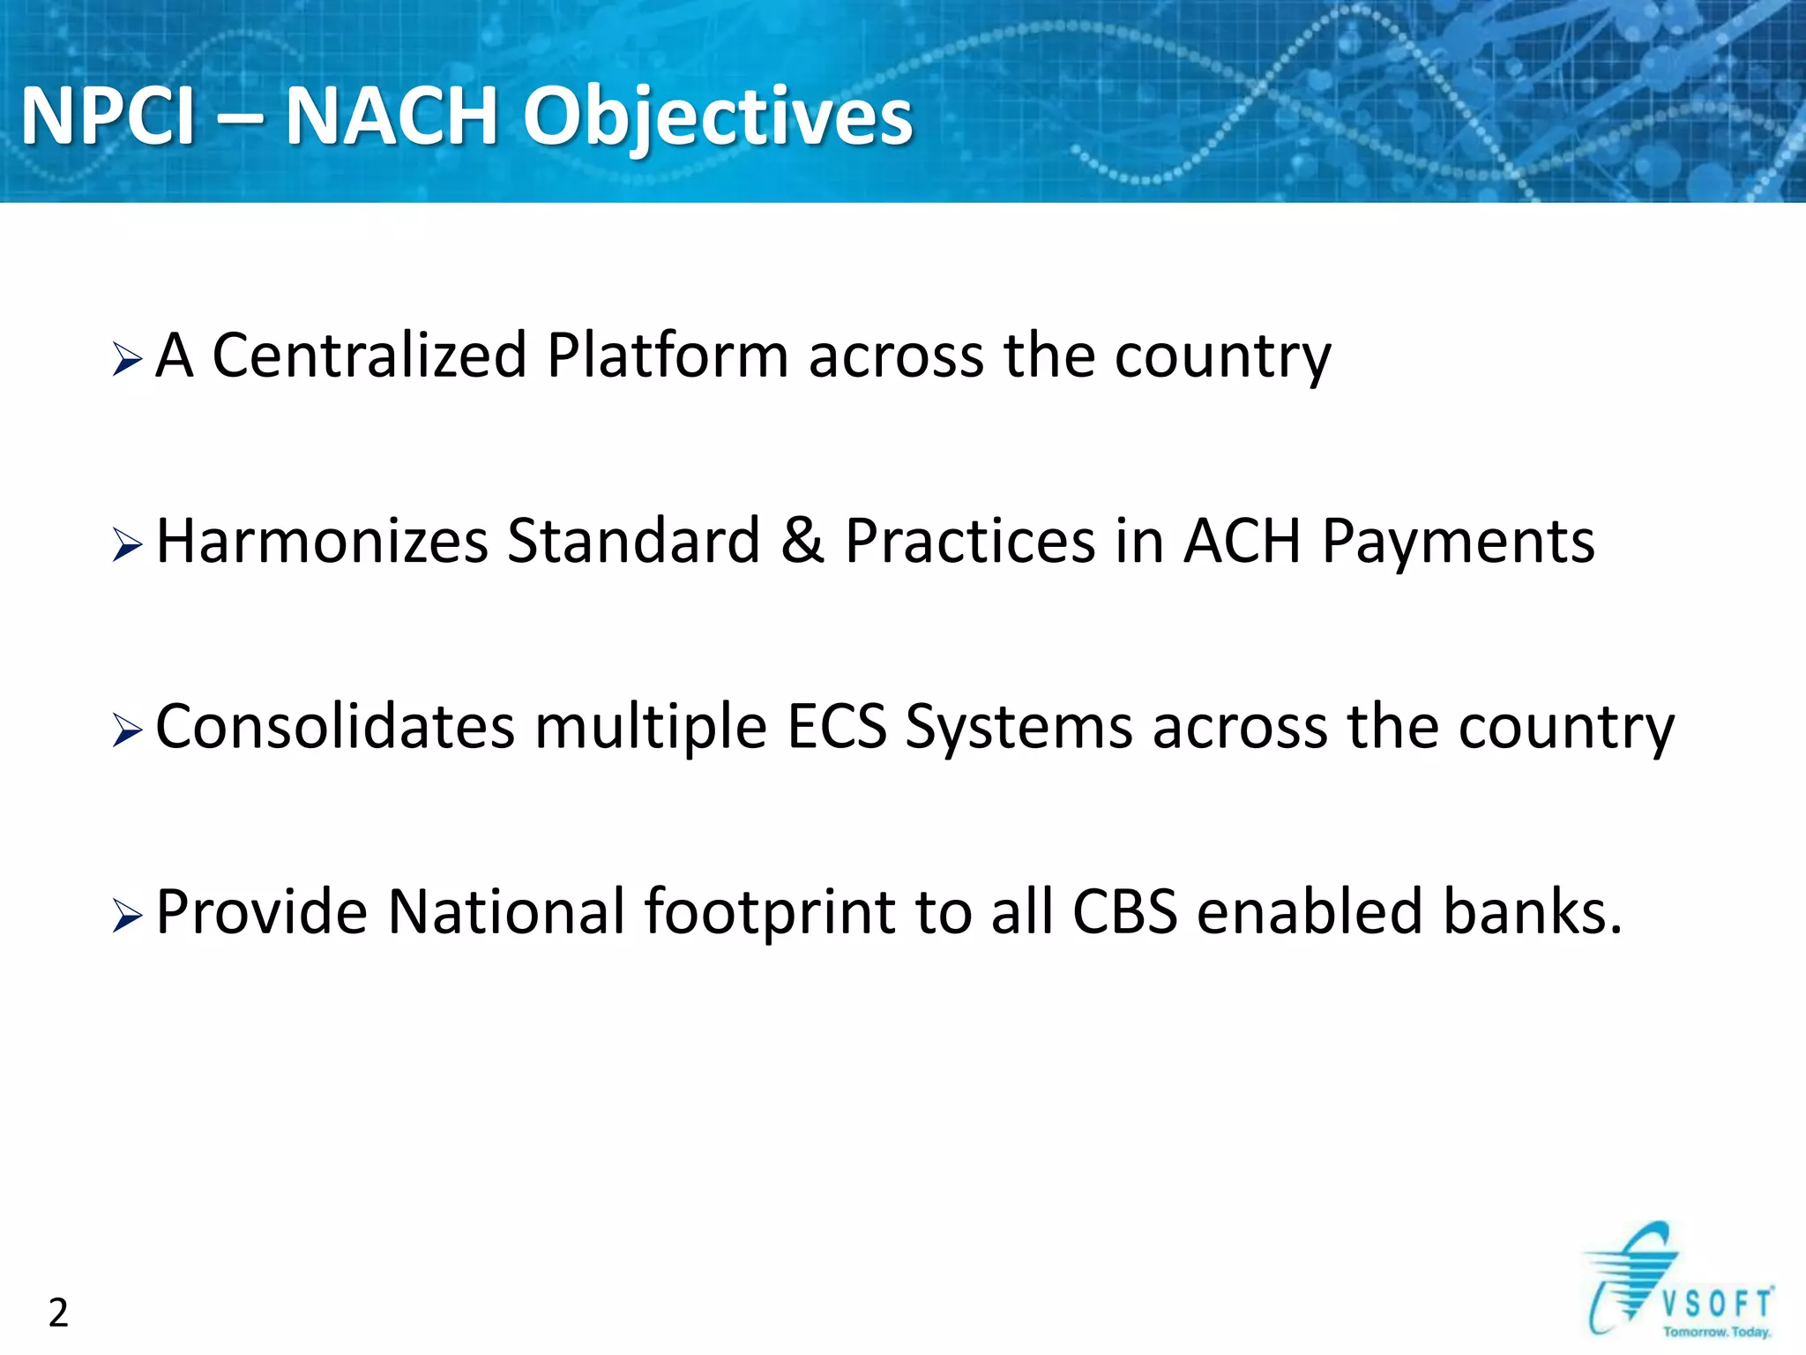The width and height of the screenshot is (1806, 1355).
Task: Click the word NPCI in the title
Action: point(108,116)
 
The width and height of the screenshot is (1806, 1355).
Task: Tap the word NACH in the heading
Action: point(392,116)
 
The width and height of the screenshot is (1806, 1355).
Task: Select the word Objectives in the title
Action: point(718,118)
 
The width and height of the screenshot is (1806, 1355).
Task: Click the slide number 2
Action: point(58,1313)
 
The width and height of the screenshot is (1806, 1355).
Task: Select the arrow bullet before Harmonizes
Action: point(127,546)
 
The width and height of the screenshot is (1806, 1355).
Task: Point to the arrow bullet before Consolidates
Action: point(127,731)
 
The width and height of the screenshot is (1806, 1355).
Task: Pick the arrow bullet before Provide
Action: point(127,917)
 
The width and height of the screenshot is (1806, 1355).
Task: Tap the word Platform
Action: point(667,356)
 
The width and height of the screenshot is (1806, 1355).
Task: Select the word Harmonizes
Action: point(322,541)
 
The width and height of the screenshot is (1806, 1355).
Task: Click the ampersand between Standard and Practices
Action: point(802,541)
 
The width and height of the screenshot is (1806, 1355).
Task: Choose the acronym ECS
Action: point(836,727)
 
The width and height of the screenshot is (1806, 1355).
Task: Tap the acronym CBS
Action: point(1124,912)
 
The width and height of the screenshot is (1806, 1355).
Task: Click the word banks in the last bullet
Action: point(1523,912)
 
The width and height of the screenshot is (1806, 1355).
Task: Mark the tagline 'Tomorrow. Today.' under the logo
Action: point(1716,1332)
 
